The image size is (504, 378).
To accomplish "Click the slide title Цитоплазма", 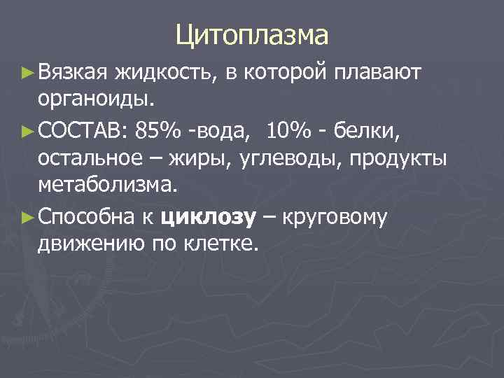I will [252, 34].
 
